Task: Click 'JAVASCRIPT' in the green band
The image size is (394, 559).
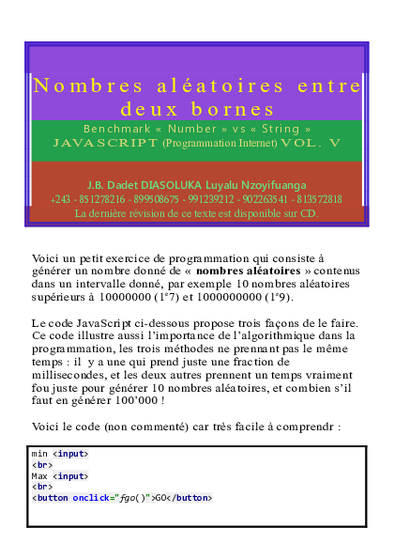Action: point(106,144)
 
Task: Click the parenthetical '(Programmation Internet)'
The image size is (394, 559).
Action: point(220,144)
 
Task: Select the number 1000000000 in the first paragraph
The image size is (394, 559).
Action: point(233,298)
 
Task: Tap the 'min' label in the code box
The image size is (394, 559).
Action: point(40,454)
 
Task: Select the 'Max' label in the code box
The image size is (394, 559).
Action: point(40,475)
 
